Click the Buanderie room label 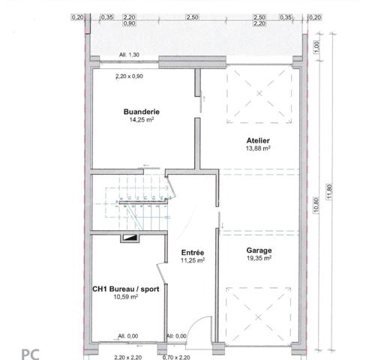142,112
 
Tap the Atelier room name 258,140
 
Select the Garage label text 259,250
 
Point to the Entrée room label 193,253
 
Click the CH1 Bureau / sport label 126,289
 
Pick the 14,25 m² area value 141,119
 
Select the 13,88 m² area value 258,148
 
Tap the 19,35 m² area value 259,258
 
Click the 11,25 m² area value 193,260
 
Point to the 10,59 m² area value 126,297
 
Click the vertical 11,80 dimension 329,191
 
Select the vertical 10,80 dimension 316,205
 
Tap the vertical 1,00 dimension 316,47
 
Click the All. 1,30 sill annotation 129,55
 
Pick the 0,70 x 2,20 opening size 176,358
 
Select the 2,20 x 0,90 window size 129,76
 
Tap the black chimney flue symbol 130,238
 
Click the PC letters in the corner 31,354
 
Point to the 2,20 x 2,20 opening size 128,358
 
